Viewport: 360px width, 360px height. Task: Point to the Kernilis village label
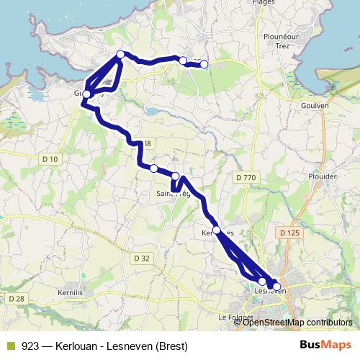pos(71,293)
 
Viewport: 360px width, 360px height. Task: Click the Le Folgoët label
pos(232,317)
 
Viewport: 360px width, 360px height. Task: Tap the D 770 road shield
pos(246,177)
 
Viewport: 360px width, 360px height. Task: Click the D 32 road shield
pos(141,258)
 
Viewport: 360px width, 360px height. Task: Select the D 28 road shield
pos(16,297)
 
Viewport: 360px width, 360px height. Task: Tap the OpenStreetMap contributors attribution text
pos(297,322)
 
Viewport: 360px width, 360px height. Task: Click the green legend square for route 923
pos(9,346)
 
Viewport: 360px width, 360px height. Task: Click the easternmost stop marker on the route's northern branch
pos(204,64)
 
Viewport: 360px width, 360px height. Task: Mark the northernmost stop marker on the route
pos(121,55)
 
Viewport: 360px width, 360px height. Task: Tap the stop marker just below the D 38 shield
pos(153,168)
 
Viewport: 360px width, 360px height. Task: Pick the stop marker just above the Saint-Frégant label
pos(176,176)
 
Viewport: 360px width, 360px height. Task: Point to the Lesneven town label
pos(271,291)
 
